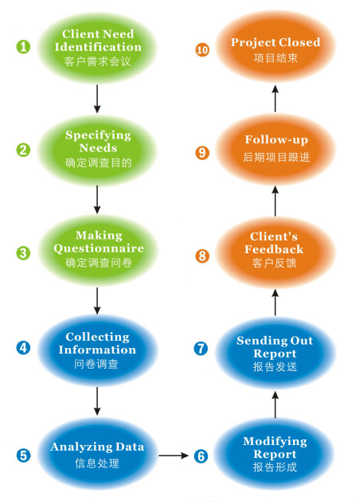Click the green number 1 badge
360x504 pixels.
(x=23, y=47)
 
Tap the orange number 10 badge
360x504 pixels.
(x=202, y=50)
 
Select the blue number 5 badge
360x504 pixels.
(x=23, y=455)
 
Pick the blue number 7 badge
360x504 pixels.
(x=201, y=348)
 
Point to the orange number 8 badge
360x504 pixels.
(x=202, y=256)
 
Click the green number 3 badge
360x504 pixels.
(x=23, y=252)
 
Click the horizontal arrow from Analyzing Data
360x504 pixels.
(x=174, y=455)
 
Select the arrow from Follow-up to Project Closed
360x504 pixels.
(x=275, y=99)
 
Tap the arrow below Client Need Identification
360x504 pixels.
(x=97, y=99)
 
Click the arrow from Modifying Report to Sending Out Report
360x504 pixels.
(x=275, y=404)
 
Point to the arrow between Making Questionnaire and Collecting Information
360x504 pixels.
(x=97, y=301)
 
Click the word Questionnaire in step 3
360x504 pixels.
(x=99, y=248)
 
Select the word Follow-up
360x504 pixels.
(x=276, y=140)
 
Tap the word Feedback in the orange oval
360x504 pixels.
(x=274, y=249)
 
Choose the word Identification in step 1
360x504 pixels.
(x=98, y=47)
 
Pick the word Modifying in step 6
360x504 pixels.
(x=275, y=441)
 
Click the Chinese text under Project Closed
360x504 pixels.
(x=276, y=58)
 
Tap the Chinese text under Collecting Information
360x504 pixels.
(x=96, y=364)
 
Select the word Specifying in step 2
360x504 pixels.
(x=98, y=135)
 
